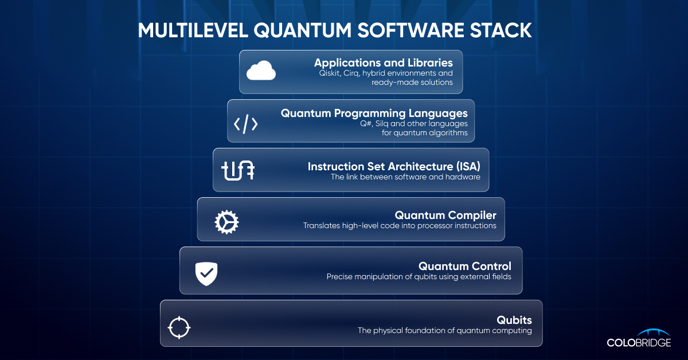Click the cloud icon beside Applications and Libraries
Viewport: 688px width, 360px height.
pyautogui.click(x=261, y=72)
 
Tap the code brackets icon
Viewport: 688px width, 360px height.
pyautogui.click(x=245, y=124)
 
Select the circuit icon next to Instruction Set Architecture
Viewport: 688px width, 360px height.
pyautogui.click(x=238, y=171)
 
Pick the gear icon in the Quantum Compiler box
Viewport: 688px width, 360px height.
pyautogui.click(x=226, y=221)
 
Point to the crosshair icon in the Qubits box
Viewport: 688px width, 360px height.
pyautogui.click(x=178, y=327)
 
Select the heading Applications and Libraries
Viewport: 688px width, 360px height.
pyautogui.click(x=383, y=62)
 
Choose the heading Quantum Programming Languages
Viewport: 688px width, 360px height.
pyautogui.click(x=374, y=113)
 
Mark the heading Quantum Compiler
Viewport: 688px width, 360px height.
pyautogui.click(x=445, y=216)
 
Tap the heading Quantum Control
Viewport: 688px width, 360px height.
pyautogui.click(x=464, y=266)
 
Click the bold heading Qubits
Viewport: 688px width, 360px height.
pyautogui.click(x=514, y=319)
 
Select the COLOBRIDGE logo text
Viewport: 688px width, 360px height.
pyautogui.click(x=638, y=342)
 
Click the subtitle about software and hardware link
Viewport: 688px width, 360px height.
pyautogui.click(x=405, y=177)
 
